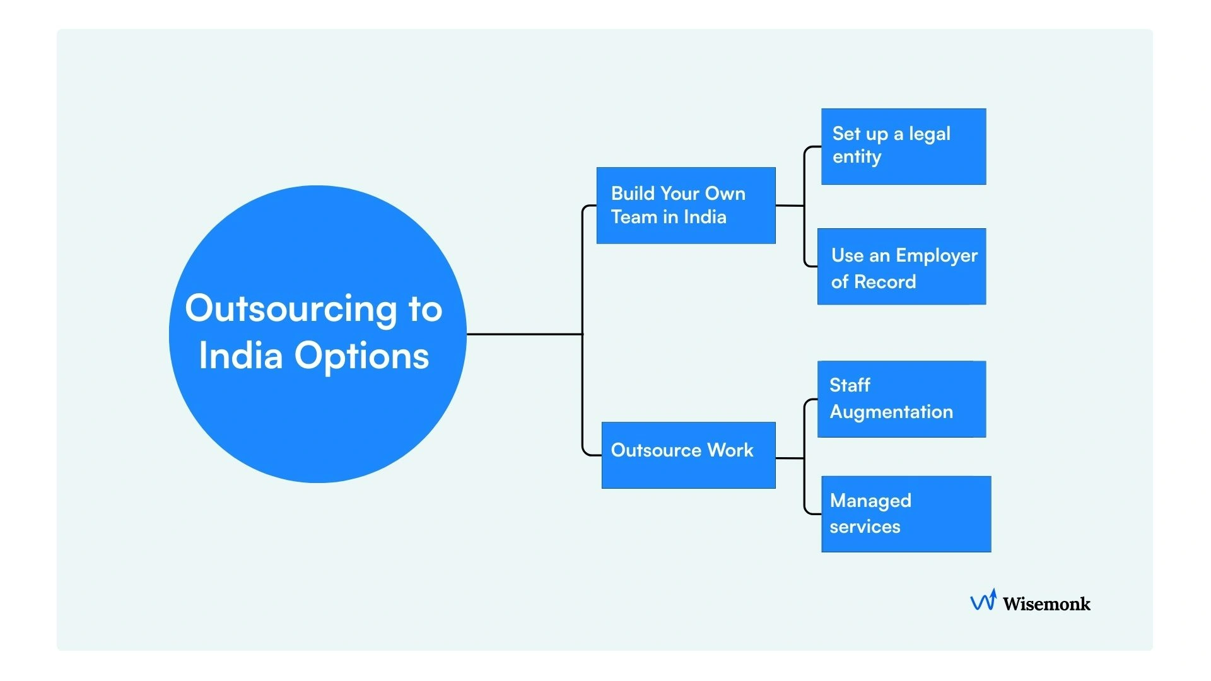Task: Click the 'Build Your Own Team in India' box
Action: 686,206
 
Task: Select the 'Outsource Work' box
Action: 688,455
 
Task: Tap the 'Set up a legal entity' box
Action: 903,146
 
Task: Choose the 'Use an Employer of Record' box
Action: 901,267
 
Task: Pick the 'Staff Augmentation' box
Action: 901,399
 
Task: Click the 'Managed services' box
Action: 906,514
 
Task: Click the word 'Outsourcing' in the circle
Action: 291,309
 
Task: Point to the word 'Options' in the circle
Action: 361,356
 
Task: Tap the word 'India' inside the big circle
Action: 240,356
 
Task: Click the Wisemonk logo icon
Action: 983,601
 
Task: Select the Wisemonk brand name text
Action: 1046,604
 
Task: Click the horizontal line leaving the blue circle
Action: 524,334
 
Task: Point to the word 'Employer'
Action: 936,256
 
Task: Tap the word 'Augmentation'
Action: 891,412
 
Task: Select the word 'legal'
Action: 929,134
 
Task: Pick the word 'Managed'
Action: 870,501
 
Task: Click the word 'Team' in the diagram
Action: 634,218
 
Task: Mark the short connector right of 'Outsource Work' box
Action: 789,458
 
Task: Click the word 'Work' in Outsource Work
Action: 730,450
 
